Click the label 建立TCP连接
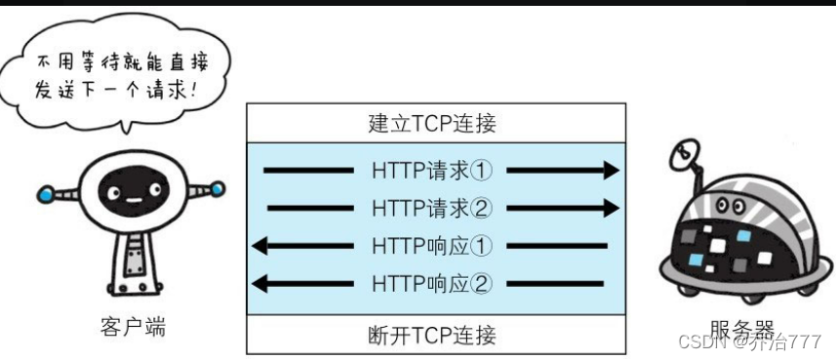point(433,124)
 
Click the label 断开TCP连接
point(433,336)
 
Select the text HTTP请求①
point(432,170)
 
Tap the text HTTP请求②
point(432,207)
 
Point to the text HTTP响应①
point(432,245)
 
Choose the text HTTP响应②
point(432,283)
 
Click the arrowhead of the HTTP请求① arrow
point(611,171)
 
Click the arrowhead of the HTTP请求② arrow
point(611,207)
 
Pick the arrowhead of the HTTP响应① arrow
point(259,245)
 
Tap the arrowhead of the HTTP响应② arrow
point(259,283)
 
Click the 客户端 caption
point(133,326)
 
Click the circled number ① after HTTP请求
point(482,170)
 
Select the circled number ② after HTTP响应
point(482,283)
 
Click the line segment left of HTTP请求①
point(308,171)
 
